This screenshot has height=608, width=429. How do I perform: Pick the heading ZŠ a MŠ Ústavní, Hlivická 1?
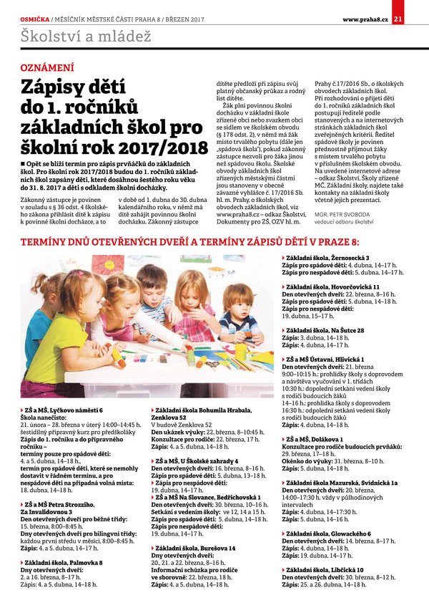coord(325,359)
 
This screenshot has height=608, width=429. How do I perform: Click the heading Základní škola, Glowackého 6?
coord(328,534)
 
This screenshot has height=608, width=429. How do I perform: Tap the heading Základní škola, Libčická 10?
coord(325,569)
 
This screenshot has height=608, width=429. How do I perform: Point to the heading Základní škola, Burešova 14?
coord(197,548)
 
